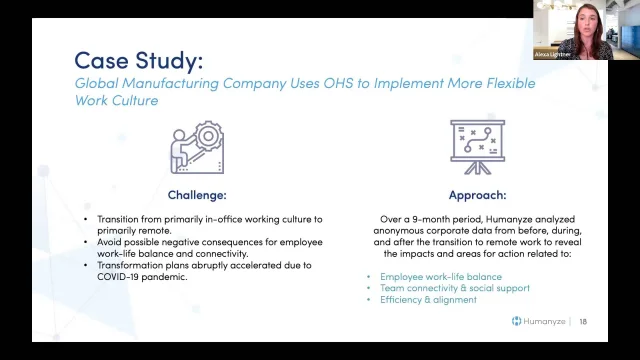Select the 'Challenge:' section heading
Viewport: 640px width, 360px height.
[x=196, y=195]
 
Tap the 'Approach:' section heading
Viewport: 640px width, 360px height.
[x=477, y=195]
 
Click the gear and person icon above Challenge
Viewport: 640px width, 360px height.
[x=196, y=148]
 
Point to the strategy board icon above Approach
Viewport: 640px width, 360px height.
[x=477, y=148]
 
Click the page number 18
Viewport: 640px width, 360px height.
[x=584, y=321]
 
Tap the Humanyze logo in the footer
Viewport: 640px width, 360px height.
[x=540, y=321]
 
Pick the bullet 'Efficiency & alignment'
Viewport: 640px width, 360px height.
[x=427, y=299]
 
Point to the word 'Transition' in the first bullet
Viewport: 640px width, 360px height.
[x=119, y=217]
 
